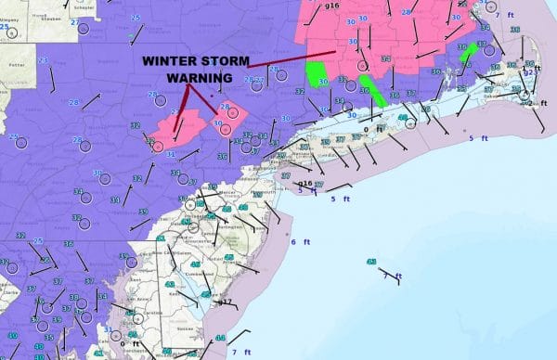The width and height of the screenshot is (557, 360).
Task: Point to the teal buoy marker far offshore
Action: [x=371, y=263]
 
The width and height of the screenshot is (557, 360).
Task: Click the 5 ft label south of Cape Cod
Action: [x=477, y=137]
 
